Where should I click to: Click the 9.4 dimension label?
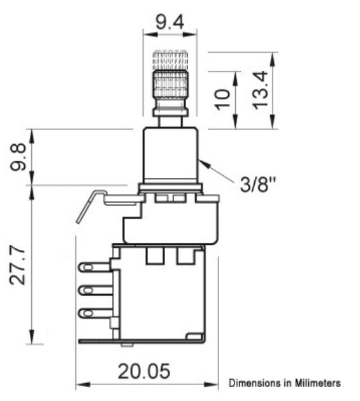169,23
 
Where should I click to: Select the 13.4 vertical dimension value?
259,91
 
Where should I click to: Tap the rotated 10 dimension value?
222,99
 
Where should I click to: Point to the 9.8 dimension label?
18,157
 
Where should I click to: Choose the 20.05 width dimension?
144,371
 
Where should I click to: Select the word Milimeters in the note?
316,383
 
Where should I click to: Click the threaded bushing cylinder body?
169,155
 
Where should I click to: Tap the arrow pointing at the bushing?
217,172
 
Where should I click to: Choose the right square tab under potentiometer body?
185,256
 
